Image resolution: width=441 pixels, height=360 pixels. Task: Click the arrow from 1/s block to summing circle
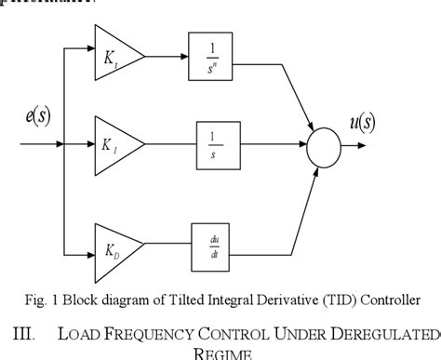[274, 145]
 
